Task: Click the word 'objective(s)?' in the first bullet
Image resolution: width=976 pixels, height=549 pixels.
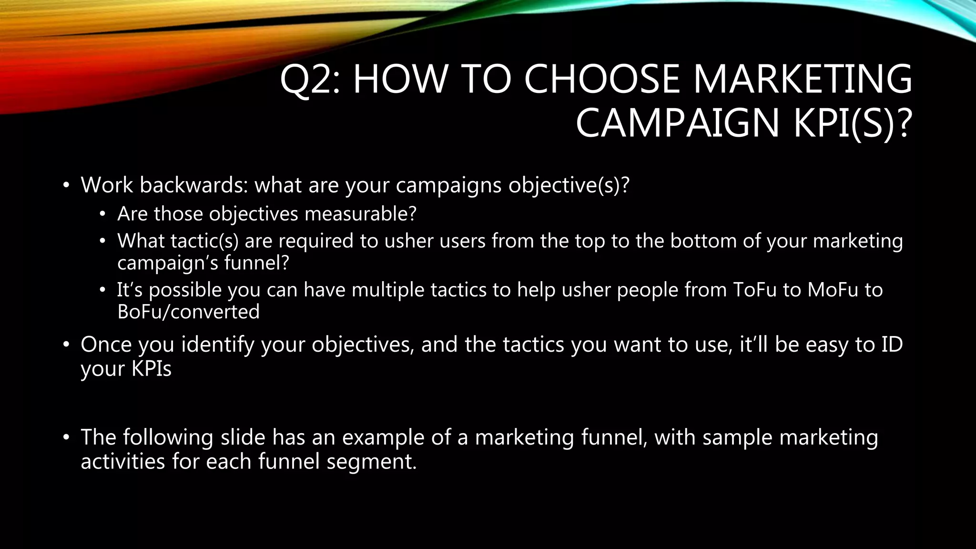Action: [569, 185]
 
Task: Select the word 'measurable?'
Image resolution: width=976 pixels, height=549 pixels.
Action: [360, 213]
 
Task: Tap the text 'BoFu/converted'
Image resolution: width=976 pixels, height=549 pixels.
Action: [188, 312]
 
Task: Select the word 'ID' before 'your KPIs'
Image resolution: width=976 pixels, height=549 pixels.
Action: [892, 345]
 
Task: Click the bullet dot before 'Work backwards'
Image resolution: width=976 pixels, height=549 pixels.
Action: [66, 185]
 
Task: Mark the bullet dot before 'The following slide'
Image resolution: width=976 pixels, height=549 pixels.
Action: [66, 437]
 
